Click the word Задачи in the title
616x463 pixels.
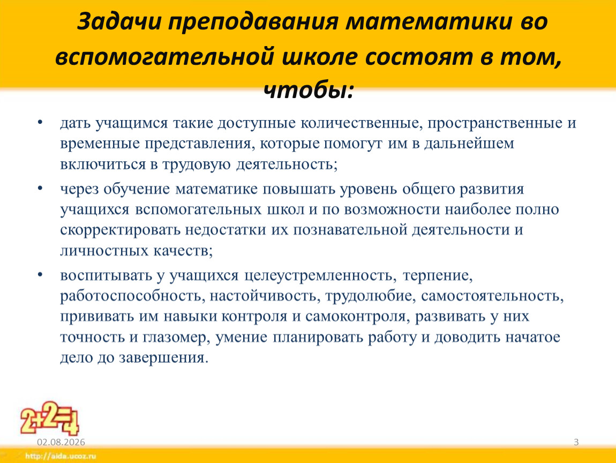pos(119,21)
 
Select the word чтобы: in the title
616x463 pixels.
pos(309,91)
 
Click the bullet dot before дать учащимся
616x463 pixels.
pos(40,122)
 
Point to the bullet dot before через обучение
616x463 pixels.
pos(40,188)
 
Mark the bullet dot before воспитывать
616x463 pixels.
pos(40,274)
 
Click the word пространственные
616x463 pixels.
pos(495,123)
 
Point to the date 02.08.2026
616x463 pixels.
pos(61,442)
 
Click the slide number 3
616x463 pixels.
pos(576,442)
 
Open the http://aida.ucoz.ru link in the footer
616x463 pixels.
pos(61,457)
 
